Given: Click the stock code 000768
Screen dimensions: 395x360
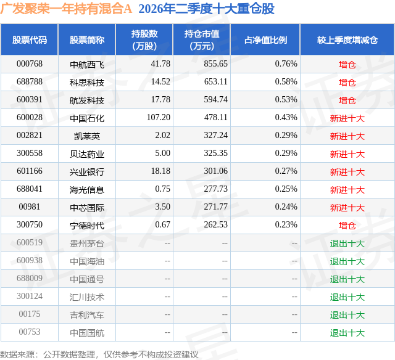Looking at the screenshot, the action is (x=30, y=64).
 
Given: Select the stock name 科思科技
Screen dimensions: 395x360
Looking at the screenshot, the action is (x=87, y=82).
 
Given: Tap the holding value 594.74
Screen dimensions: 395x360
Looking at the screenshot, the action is (x=215, y=100).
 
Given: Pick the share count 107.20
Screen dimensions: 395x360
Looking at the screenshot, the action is (x=159, y=118).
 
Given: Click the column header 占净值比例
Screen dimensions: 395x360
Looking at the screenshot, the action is (x=265, y=39).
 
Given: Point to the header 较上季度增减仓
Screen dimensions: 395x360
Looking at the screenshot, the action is (x=347, y=39).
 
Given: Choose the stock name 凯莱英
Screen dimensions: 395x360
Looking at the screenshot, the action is (x=87, y=136).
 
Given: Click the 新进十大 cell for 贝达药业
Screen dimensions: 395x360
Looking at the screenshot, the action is (x=347, y=153).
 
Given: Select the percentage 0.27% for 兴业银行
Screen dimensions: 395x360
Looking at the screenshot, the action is (x=286, y=171).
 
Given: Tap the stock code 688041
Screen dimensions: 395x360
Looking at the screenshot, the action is (x=30, y=189).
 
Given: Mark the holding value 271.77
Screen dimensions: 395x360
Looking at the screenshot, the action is (x=215, y=207).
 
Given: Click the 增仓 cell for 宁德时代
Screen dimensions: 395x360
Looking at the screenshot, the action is (x=347, y=225).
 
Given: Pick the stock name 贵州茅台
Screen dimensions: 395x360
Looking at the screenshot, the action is (x=87, y=243).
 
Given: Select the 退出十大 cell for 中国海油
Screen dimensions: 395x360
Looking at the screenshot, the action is (x=347, y=261).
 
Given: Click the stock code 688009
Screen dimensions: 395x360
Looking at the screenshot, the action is (x=30, y=278).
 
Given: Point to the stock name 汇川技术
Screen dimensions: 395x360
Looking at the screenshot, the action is (x=87, y=297).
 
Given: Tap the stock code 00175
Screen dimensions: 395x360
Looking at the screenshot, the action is (x=30, y=314).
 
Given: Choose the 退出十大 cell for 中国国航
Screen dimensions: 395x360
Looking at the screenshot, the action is (x=347, y=332).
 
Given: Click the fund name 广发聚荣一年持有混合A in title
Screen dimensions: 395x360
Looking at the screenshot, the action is (x=66, y=9).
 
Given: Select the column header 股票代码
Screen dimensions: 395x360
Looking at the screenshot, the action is (x=30, y=39).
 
